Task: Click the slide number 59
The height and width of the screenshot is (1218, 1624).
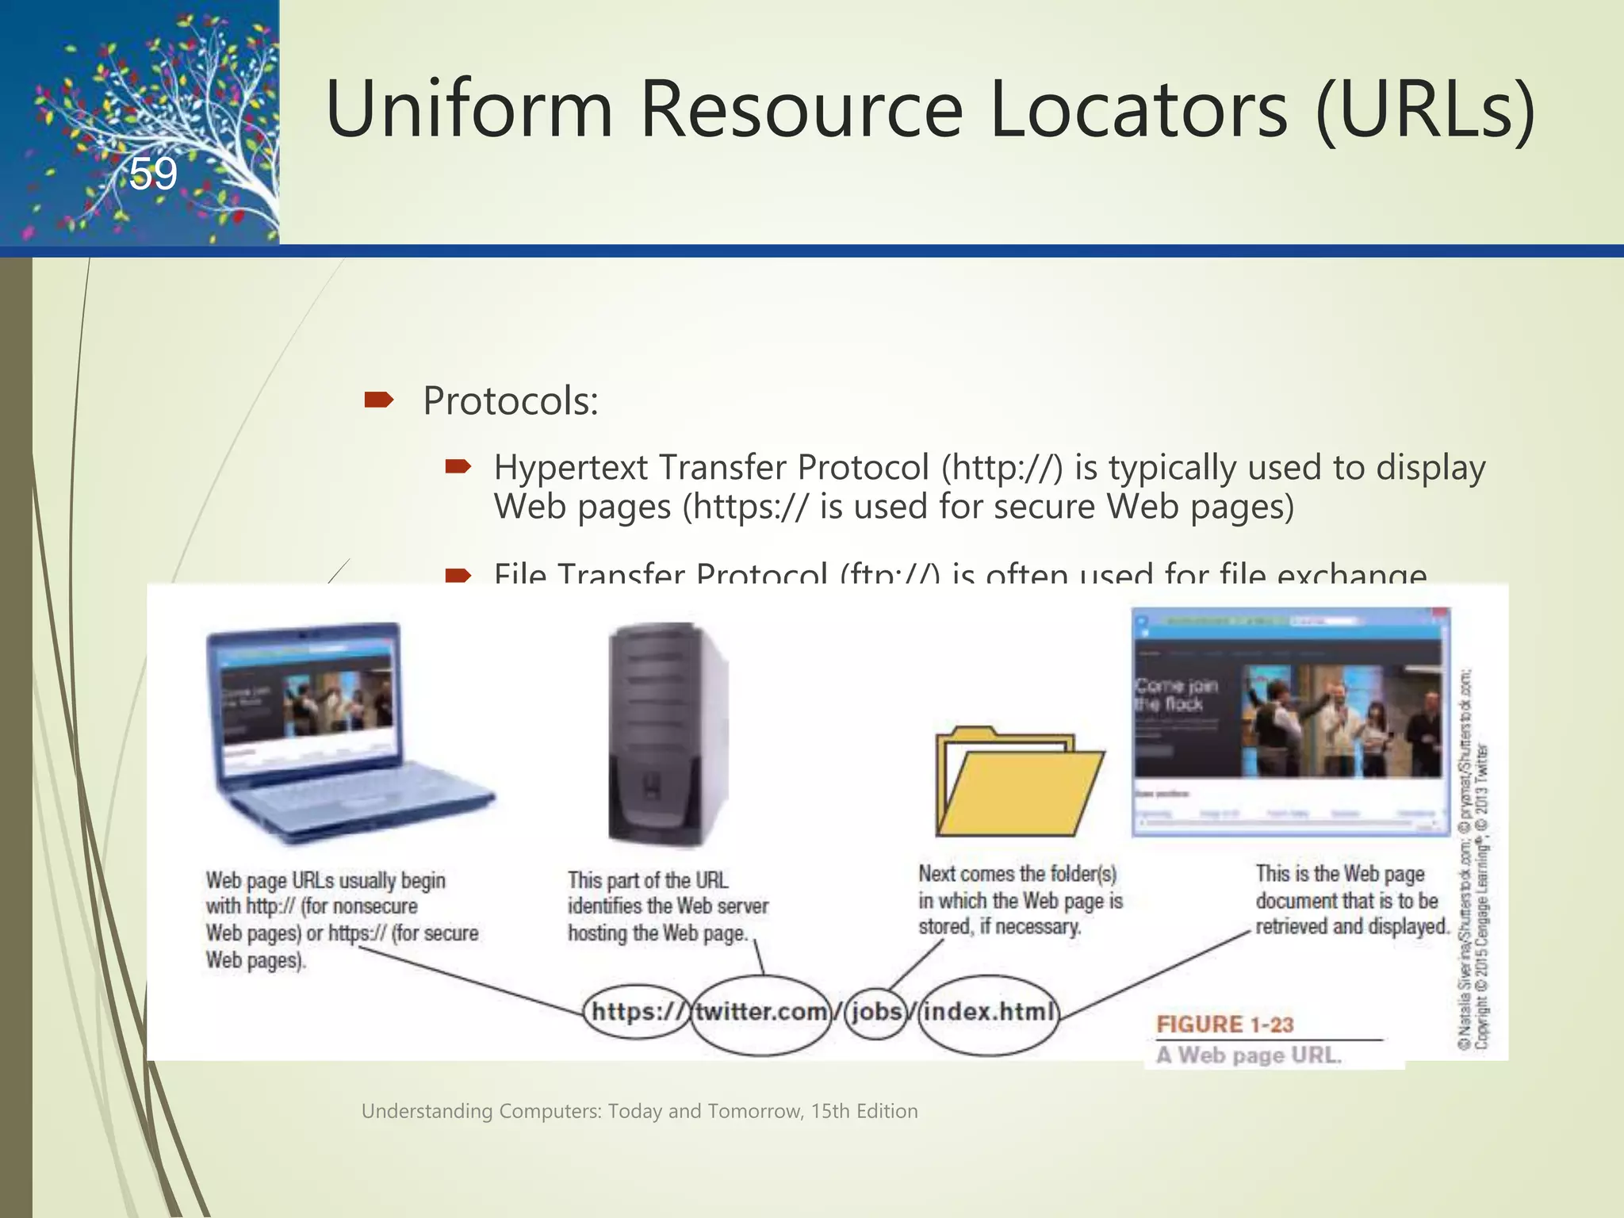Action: pyautogui.click(x=153, y=174)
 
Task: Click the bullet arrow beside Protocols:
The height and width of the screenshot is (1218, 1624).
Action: pyautogui.click(x=378, y=400)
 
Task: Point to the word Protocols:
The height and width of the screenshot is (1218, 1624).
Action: pyautogui.click(x=510, y=401)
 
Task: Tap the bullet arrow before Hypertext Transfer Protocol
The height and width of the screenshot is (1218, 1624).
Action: pyautogui.click(x=458, y=467)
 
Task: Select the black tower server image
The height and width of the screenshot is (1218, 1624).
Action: pyautogui.click(x=666, y=733)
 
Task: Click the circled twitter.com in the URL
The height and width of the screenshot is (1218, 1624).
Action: pyautogui.click(x=760, y=1012)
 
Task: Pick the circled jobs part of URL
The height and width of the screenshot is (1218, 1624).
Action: pyautogui.click(x=876, y=1012)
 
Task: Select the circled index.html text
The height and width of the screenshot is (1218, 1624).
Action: pyautogui.click(x=989, y=1012)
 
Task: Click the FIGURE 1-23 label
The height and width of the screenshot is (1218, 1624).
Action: pyautogui.click(x=1224, y=1025)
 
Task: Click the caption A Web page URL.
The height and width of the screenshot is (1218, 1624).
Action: pyautogui.click(x=1247, y=1055)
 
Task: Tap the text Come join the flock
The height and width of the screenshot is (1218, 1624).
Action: pyautogui.click(x=1175, y=695)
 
